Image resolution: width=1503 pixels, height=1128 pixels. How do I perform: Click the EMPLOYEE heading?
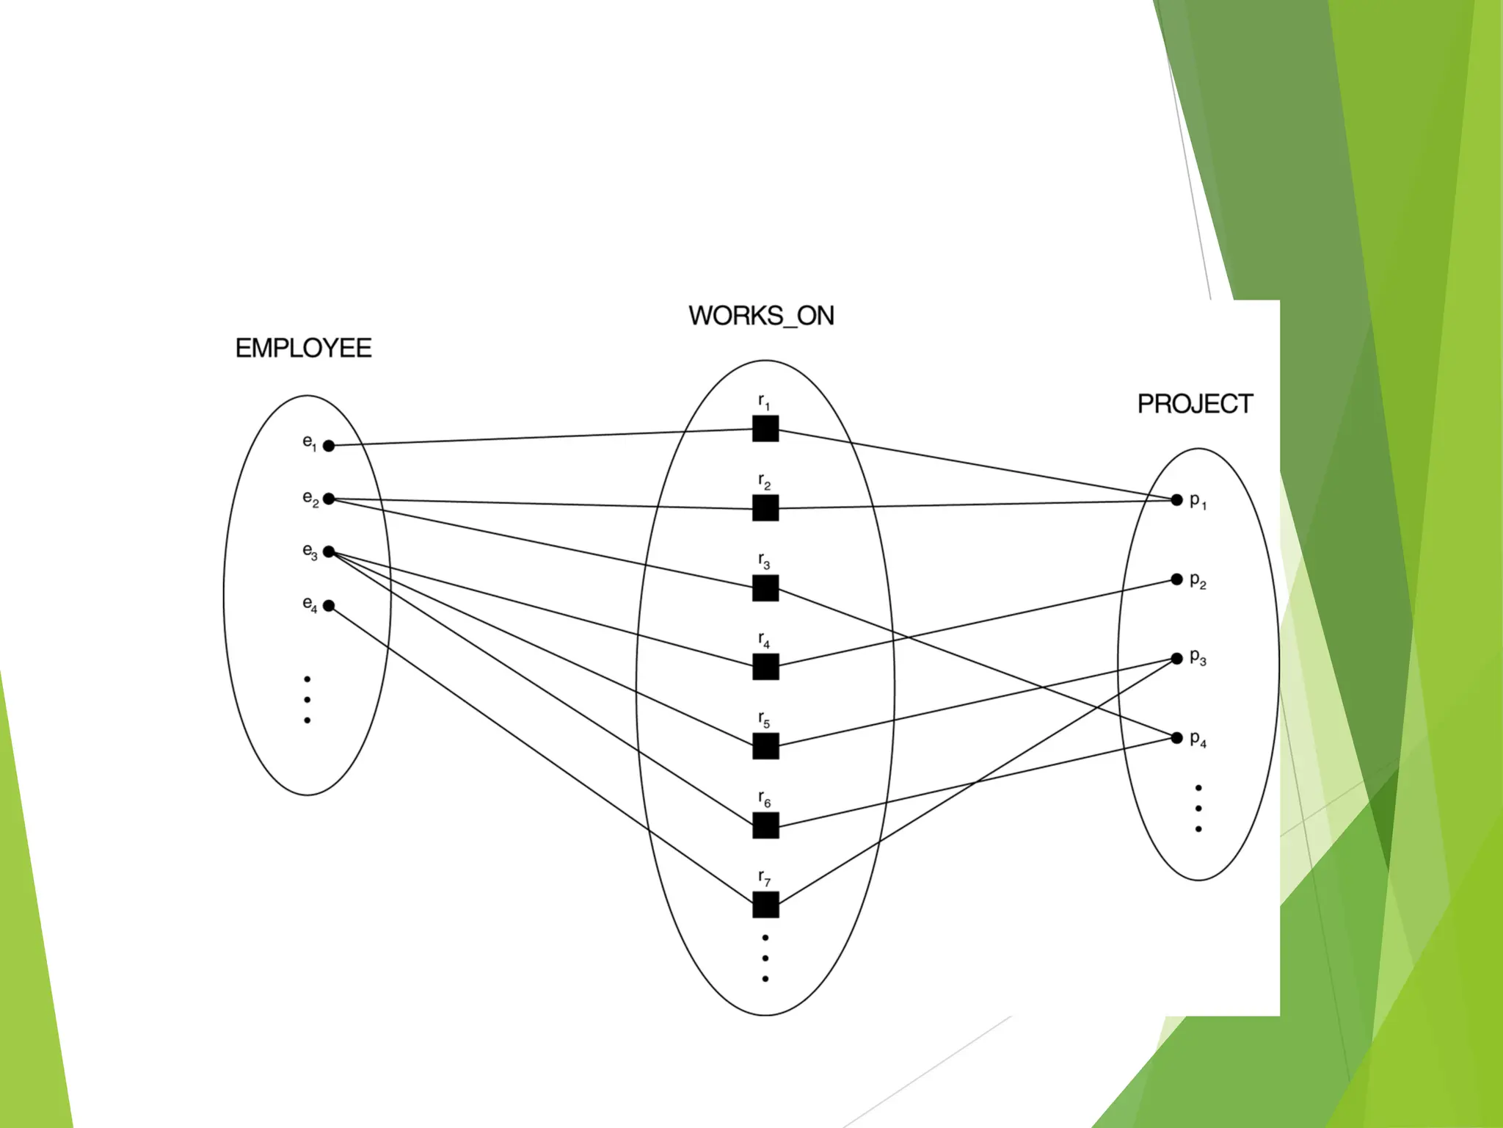303,348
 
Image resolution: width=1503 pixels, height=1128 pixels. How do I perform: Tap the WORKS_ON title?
761,316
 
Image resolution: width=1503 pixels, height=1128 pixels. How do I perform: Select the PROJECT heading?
1195,404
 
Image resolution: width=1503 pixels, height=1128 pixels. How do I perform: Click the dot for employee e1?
329,446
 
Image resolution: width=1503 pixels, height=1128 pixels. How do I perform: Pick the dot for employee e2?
329,499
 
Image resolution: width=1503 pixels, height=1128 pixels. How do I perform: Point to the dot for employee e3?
329,552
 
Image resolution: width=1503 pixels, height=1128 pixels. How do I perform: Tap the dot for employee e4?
329,606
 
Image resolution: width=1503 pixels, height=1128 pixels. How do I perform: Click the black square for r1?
765,429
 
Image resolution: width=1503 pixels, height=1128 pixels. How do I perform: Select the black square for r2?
765,508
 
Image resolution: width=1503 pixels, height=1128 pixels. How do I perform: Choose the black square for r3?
765,588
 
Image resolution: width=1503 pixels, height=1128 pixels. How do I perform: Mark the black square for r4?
765,667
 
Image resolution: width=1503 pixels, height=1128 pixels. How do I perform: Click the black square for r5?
765,746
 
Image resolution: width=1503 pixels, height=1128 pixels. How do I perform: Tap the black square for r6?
765,825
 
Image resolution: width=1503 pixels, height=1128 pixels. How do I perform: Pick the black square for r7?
765,905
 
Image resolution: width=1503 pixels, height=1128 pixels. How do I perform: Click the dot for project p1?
1176,500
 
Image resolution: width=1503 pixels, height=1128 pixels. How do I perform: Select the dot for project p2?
1176,579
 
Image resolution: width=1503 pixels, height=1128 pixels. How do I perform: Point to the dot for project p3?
1176,659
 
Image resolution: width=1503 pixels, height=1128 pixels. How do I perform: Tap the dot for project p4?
1176,737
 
